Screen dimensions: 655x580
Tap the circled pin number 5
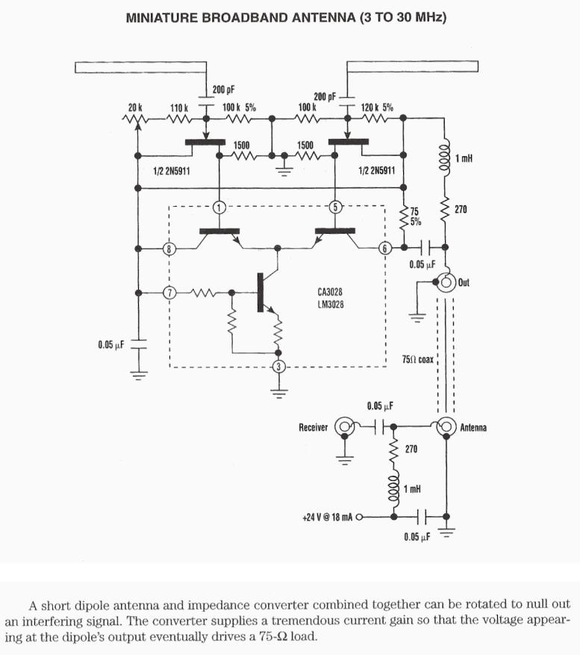[336, 206]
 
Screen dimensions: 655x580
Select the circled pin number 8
[169, 249]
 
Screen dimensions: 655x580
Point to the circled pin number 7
[169, 293]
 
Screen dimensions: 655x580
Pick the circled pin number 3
[278, 366]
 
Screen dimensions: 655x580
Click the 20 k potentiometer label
[134, 108]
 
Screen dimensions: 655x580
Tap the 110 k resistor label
[178, 108]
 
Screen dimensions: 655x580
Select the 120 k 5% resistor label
[377, 108]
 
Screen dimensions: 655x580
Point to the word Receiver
[314, 427]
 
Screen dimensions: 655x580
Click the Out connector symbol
[447, 282]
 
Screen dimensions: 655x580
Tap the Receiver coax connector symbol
[345, 427]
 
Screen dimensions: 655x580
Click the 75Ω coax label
[417, 359]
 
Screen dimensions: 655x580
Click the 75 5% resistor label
[416, 217]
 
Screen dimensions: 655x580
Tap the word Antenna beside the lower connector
[473, 428]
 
